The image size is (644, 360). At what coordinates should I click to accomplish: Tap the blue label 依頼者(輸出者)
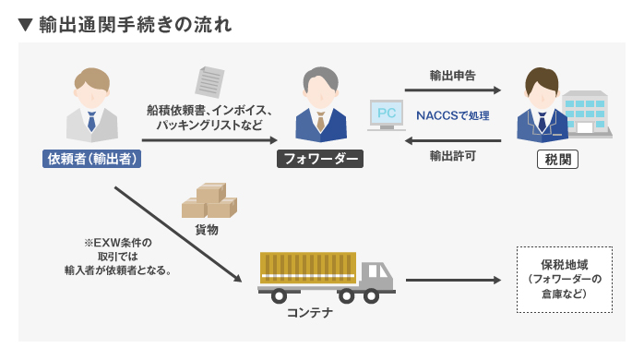click(x=93, y=159)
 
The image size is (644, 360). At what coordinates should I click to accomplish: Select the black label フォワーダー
click(x=320, y=159)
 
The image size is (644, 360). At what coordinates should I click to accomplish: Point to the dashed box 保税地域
click(x=565, y=279)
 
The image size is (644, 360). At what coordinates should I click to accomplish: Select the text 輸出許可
click(x=452, y=156)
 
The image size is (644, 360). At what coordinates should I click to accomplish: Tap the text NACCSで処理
click(x=452, y=115)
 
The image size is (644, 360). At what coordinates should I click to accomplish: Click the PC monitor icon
click(x=387, y=114)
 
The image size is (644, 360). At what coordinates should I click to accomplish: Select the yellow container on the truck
click(x=308, y=266)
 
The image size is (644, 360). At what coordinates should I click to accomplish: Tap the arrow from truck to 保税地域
click(x=452, y=280)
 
